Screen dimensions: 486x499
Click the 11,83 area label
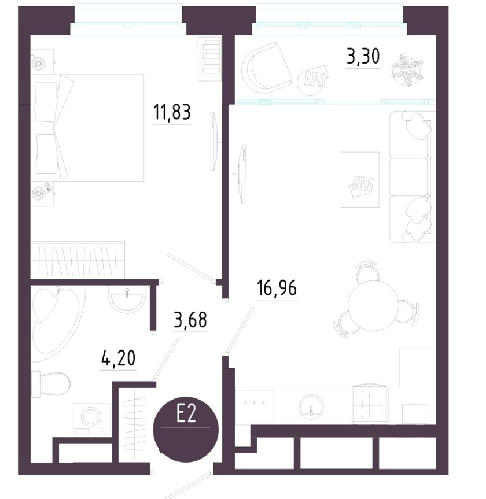tap(172, 112)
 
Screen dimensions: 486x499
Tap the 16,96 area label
tap(277, 288)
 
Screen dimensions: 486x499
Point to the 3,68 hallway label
tap(190, 320)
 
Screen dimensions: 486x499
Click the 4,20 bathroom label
tap(118, 358)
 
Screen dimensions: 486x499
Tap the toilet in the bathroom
tap(51, 384)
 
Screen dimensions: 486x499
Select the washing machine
tap(92, 419)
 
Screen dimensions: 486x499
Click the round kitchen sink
tap(311, 406)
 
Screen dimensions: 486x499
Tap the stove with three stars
tap(254, 406)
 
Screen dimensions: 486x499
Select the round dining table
tap(373, 305)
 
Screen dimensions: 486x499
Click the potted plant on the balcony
tap(407, 70)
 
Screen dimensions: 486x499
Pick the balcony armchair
tap(266, 68)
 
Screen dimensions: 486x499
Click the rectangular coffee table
tap(360, 179)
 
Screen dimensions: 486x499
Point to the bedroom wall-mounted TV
tap(214, 141)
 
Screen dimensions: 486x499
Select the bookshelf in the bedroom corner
tap(209, 59)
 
